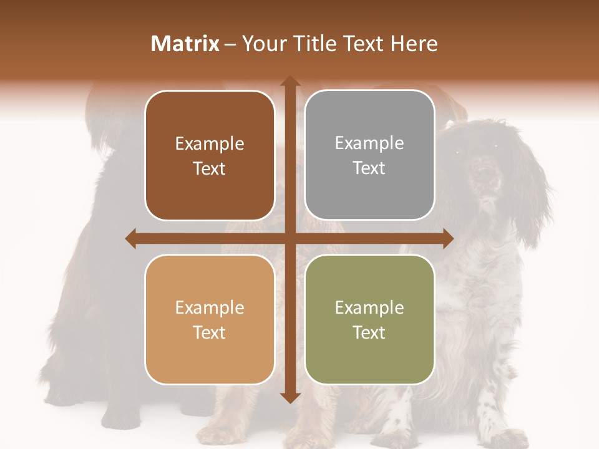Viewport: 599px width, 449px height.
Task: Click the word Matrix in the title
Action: [x=185, y=44]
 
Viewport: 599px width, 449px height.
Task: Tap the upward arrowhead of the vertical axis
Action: [x=290, y=82]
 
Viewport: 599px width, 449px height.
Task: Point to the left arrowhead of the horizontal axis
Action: [x=131, y=238]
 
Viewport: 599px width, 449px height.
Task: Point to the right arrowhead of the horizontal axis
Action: [x=447, y=238]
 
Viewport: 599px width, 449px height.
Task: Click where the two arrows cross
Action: [x=290, y=238]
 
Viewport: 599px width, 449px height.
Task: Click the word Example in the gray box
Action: [x=369, y=143]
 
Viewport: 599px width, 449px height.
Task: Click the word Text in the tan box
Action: [x=210, y=332]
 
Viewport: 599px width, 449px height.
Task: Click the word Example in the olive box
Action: [x=369, y=307]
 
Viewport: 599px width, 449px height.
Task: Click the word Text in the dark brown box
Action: [x=210, y=168]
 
